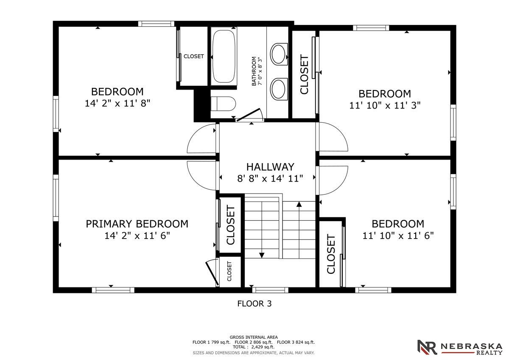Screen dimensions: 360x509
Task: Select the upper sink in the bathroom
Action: (x=278, y=54)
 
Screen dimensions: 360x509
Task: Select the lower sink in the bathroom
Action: (x=278, y=88)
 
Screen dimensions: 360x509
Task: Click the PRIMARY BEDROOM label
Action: (x=137, y=224)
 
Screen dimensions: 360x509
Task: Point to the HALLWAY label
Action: (x=270, y=167)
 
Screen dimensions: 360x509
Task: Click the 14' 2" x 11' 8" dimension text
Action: (x=117, y=103)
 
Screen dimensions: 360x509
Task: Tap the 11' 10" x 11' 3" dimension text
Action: (x=385, y=105)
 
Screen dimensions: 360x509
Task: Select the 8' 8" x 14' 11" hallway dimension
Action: (x=270, y=178)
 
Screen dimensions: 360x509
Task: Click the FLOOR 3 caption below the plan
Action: (x=254, y=304)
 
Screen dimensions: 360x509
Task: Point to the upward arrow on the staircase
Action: (x=299, y=205)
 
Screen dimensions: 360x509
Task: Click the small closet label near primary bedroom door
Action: (x=229, y=272)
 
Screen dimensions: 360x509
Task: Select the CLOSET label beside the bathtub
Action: (x=193, y=56)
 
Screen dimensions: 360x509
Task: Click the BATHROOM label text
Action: (x=254, y=71)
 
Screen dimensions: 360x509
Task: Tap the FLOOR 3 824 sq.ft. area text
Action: (x=296, y=342)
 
